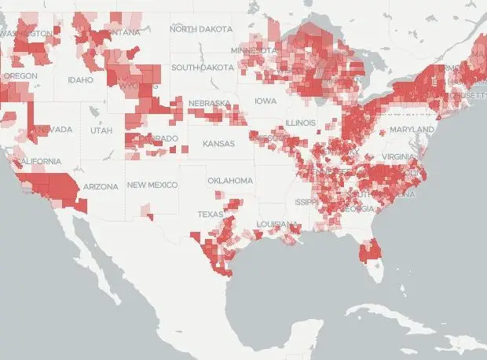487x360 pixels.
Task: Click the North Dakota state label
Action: tap(200, 29)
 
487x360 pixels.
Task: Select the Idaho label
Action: tap(80, 79)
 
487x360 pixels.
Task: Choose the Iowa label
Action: tap(265, 101)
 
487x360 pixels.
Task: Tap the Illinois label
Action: tap(300, 123)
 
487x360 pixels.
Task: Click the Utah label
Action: tap(101, 130)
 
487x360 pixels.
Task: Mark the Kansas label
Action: tap(218, 144)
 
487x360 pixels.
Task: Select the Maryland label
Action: tap(412, 129)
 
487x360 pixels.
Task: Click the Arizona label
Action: tap(101, 186)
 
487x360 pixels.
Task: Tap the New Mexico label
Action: tap(152, 185)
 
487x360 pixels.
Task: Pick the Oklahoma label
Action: tap(230, 181)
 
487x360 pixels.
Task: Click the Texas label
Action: tap(210, 214)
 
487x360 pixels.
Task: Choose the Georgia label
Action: tap(359, 208)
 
